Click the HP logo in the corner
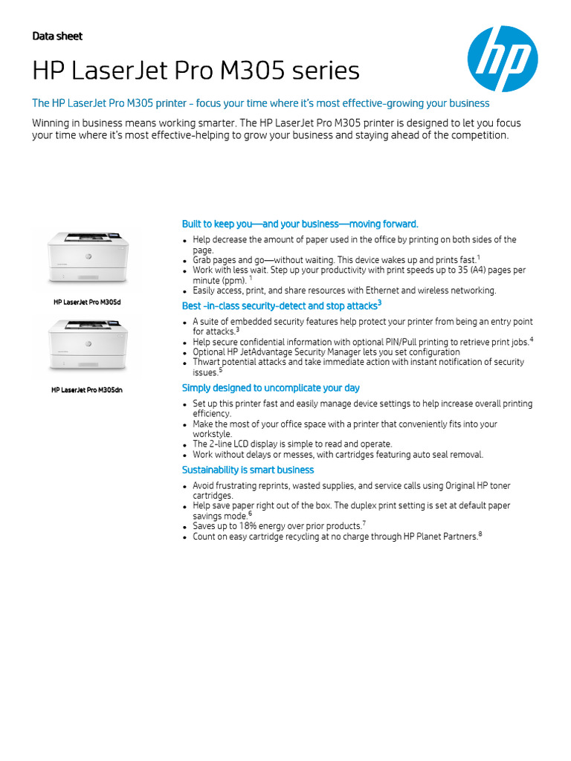(x=503, y=59)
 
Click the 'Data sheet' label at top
(x=57, y=36)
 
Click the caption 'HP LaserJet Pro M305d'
(x=88, y=302)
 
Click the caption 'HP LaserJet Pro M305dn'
(x=88, y=389)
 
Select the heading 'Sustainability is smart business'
(x=248, y=470)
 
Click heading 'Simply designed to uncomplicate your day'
(x=271, y=388)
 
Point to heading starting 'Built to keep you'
(x=300, y=224)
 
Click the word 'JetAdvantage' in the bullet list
(x=275, y=352)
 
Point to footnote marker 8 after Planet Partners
(x=480, y=534)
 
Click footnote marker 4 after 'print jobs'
(x=532, y=339)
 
